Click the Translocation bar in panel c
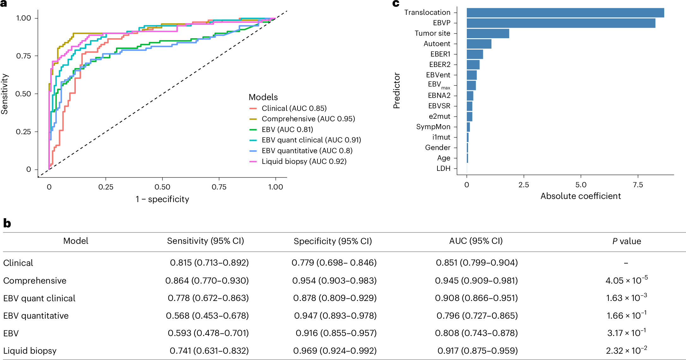(565, 13)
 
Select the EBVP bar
(561, 23)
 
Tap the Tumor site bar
(488, 33)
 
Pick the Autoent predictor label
(437, 44)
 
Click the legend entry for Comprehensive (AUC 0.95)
(308, 119)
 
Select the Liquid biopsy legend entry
(304, 161)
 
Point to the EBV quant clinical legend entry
(311, 140)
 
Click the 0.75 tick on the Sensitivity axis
(23, 56)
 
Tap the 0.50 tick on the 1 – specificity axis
(162, 187)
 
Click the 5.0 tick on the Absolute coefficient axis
(581, 185)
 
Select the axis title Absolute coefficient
(581, 196)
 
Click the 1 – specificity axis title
(162, 199)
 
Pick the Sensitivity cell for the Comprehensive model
(207, 280)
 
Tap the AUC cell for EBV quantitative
(477, 315)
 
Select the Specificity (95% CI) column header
(333, 241)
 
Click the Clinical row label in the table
(18, 263)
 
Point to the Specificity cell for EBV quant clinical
(335, 298)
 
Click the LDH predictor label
(443, 168)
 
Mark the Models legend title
(263, 97)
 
